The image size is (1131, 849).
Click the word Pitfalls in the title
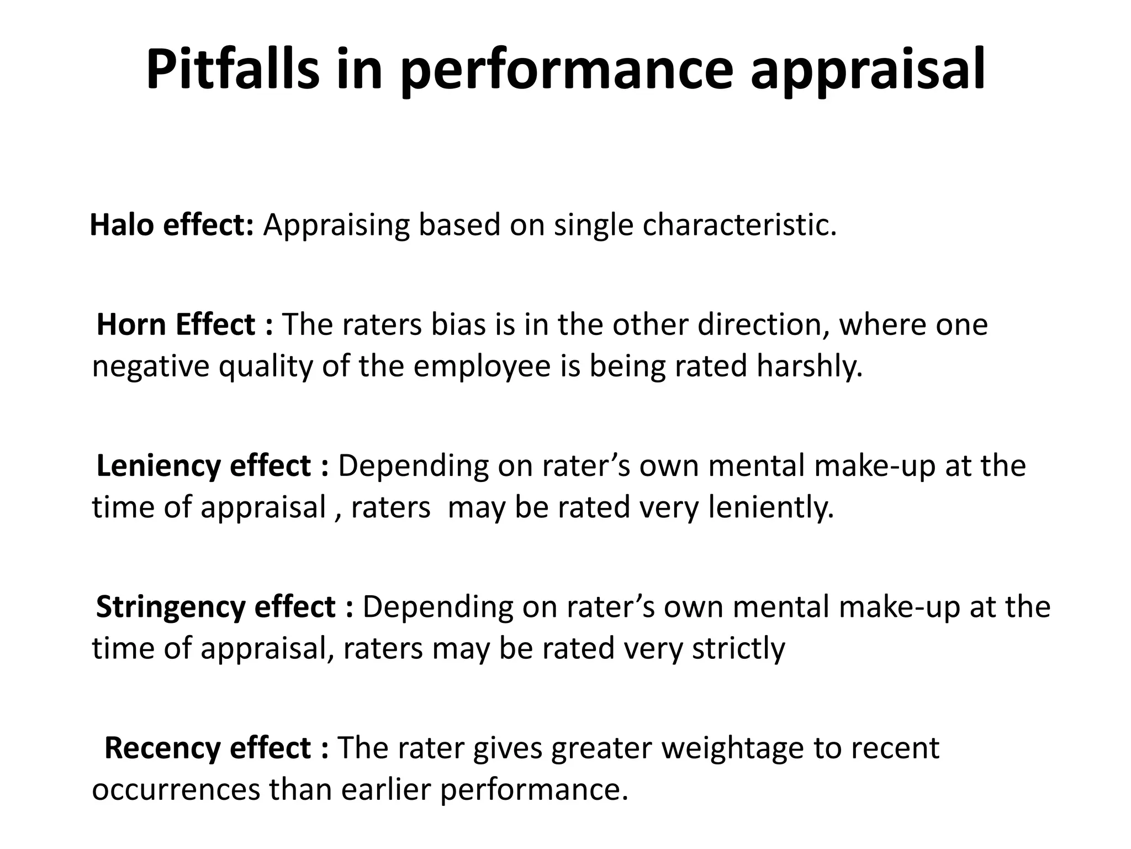click(x=232, y=70)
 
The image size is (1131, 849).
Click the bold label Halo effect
click(x=171, y=225)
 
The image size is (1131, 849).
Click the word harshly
click(x=809, y=366)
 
